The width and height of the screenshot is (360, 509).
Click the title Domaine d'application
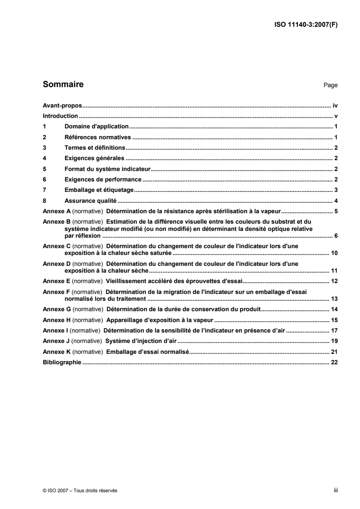[x=97, y=127]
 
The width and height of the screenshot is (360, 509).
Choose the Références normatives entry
[x=98, y=137]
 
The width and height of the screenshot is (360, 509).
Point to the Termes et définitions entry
[x=94, y=148]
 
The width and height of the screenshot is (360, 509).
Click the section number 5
[x=44, y=169]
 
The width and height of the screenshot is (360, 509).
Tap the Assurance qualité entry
[x=91, y=201]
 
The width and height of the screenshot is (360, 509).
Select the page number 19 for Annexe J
[x=335, y=341]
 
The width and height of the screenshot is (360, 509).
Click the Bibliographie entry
[x=61, y=362]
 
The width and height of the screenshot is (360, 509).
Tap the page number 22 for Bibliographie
[x=335, y=362]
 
